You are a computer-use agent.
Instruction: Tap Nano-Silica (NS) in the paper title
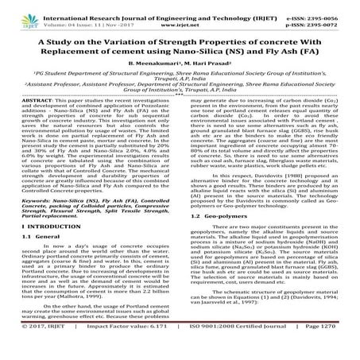click(235, 57)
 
